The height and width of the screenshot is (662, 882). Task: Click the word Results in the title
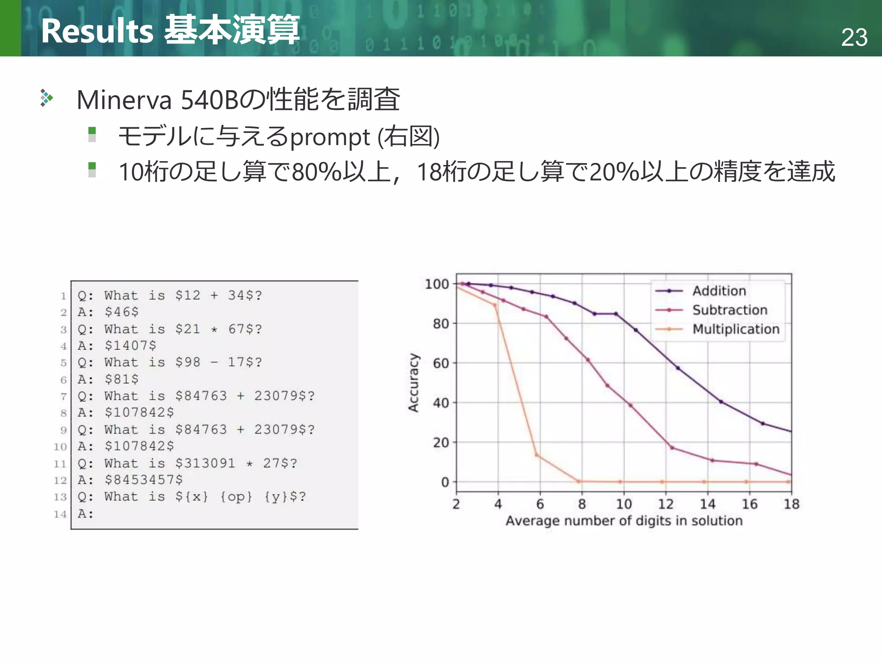(97, 31)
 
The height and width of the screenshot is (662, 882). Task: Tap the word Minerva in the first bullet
(124, 100)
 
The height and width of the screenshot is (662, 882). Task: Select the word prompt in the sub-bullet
(330, 137)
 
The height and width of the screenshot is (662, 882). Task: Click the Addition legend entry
(719, 291)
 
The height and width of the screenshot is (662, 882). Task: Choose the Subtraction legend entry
(730, 310)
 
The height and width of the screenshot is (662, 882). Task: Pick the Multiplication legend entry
(736, 329)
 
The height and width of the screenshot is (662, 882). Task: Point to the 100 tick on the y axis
(437, 284)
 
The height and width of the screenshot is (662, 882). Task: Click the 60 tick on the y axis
(441, 363)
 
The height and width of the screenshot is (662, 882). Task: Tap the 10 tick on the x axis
(624, 504)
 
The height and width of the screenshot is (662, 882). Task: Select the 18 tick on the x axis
(791, 504)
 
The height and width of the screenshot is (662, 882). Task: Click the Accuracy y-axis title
(413, 383)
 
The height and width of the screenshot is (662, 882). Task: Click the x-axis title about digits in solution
(624, 521)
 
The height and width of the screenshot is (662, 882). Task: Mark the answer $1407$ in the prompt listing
(130, 346)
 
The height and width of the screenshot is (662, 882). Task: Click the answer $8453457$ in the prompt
(143, 480)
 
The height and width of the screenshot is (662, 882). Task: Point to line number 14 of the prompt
(60, 514)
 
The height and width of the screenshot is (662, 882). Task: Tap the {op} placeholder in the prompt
(236, 496)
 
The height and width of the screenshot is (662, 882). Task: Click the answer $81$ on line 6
(121, 379)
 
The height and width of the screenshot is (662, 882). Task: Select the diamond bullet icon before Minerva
(46, 98)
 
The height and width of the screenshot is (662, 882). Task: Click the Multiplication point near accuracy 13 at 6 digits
(537, 455)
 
